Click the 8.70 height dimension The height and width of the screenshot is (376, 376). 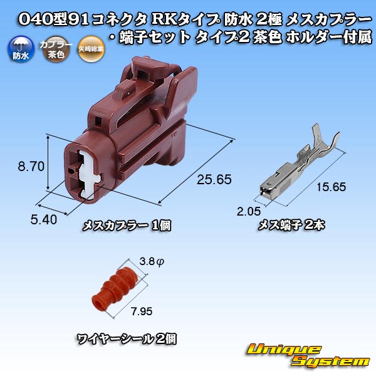pyautogui.click(x=31, y=167)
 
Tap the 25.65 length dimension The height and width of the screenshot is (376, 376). pyautogui.click(x=214, y=180)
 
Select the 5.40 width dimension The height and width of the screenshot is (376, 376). pyautogui.click(x=44, y=220)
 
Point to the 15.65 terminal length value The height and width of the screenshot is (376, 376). pyautogui.click(x=331, y=187)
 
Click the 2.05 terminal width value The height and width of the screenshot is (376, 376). pyautogui.click(x=249, y=211)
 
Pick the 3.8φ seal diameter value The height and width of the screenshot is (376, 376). pyautogui.click(x=152, y=261)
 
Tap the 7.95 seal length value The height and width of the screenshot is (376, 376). pyautogui.click(x=142, y=311)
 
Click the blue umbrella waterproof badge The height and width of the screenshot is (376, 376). pyautogui.click(x=21, y=49)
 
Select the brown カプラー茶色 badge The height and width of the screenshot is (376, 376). pyautogui.click(x=56, y=49)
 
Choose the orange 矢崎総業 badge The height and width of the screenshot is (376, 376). pyautogui.click(x=91, y=49)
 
